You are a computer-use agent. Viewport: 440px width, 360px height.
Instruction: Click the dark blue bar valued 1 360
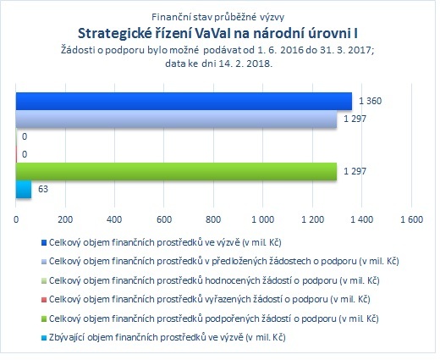[x=184, y=101]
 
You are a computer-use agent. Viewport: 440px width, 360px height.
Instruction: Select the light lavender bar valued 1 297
[x=176, y=119]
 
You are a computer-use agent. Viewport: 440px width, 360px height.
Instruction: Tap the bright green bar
[x=176, y=171]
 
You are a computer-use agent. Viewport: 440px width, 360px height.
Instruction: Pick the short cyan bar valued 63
[x=24, y=189]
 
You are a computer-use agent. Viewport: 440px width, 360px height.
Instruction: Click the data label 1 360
[x=370, y=101]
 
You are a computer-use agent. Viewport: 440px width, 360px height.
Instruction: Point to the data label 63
[x=43, y=189]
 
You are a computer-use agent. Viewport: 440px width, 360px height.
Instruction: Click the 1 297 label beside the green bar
[x=355, y=171]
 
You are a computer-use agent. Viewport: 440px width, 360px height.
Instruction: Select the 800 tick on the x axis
[x=213, y=219]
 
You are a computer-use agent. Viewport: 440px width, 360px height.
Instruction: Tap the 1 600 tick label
[x=412, y=219]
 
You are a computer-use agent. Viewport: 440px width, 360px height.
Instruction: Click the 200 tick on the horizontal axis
[x=65, y=219]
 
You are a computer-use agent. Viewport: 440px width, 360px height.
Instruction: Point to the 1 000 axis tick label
[x=263, y=219]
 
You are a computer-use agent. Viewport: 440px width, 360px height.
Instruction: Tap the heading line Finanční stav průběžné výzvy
[x=218, y=17]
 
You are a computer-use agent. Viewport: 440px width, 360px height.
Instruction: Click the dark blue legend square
[x=44, y=243]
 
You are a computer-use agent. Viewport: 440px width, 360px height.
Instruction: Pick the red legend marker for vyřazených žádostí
[x=44, y=300]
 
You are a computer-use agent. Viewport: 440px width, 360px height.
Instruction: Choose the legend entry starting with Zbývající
[x=168, y=337]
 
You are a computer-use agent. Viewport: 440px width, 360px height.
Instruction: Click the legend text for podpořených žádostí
[x=213, y=318]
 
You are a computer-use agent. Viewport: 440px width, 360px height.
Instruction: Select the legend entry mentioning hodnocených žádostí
[x=214, y=280]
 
